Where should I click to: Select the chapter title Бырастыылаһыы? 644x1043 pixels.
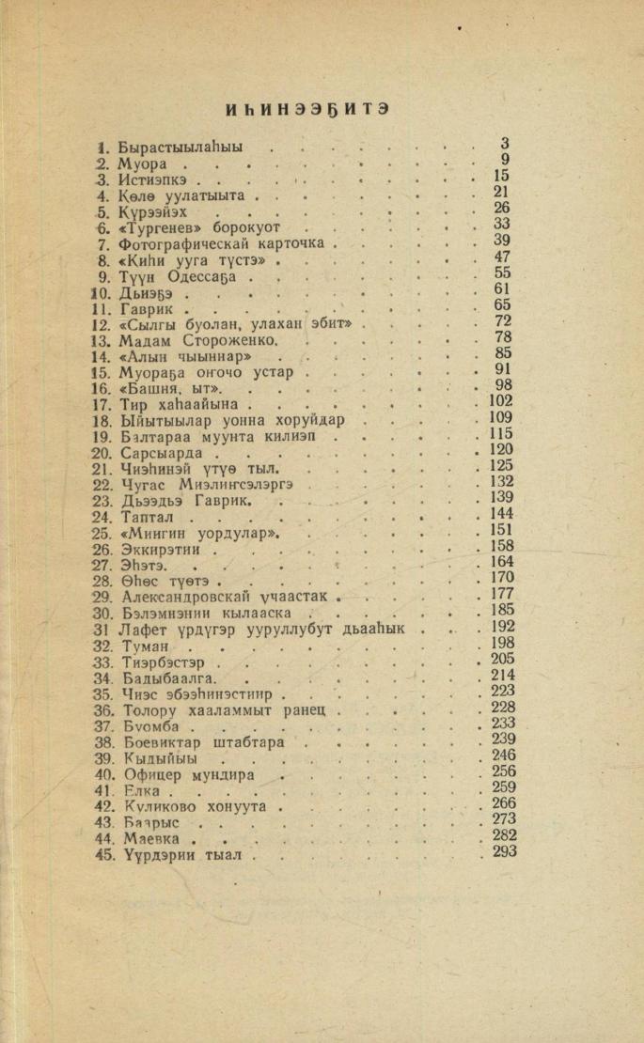pos(180,148)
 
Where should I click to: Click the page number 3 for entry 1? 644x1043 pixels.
pos(505,144)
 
